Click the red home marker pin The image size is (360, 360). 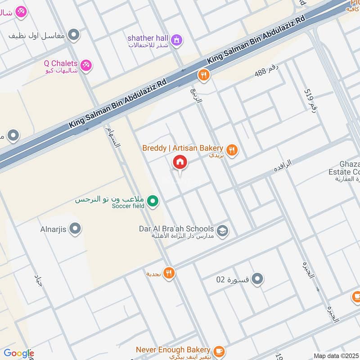[x=180, y=162]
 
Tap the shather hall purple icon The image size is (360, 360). [x=177, y=40]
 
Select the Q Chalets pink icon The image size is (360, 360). [x=87, y=66]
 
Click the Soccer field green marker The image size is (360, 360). [x=153, y=201]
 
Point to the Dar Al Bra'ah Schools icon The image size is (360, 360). [x=222, y=231]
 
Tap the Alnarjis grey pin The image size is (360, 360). [x=75, y=229]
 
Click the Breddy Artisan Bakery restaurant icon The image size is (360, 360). [x=232, y=150]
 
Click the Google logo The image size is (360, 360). [x=18, y=353]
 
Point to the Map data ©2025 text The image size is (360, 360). [x=336, y=356]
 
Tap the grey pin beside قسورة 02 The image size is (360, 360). [x=257, y=279]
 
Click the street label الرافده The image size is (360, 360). [x=283, y=165]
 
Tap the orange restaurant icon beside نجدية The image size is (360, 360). [x=169, y=273]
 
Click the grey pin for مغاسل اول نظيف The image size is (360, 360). [x=74, y=34]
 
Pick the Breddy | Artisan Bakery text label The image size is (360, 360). [x=183, y=148]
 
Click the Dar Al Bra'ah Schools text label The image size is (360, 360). [x=176, y=229]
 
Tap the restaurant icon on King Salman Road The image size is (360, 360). [x=204, y=75]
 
